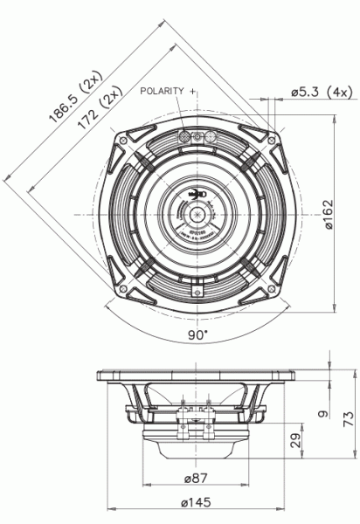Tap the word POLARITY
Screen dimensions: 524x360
coord(162,91)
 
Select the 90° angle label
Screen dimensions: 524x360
coord(197,334)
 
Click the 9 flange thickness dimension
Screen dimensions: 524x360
coord(322,414)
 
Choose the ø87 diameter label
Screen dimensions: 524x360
coord(197,479)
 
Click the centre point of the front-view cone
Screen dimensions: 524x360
coord(197,212)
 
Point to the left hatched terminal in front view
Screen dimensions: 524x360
coord(184,137)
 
